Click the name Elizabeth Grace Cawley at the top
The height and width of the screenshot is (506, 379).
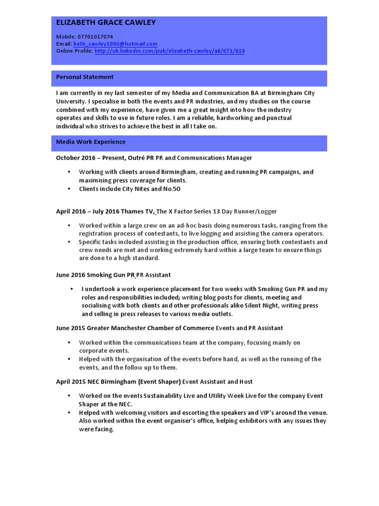click(106, 22)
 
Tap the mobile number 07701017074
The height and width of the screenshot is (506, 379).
click(95, 37)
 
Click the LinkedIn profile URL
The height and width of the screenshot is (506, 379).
click(169, 51)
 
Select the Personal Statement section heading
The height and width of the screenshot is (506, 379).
click(84, 77)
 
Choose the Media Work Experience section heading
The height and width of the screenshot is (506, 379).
click(91, 142)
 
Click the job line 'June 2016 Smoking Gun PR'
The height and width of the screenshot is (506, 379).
click(96, 275)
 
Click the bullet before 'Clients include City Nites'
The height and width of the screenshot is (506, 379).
click(68, 189)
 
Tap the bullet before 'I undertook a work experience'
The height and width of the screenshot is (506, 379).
click(72, 289)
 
